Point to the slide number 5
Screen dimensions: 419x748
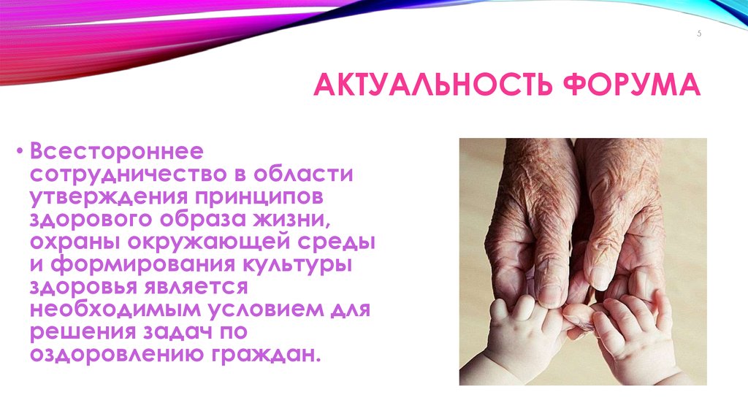pyautogui.click(x=698, y=34)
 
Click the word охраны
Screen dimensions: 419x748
pyautogui.click(x=73, y=241)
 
